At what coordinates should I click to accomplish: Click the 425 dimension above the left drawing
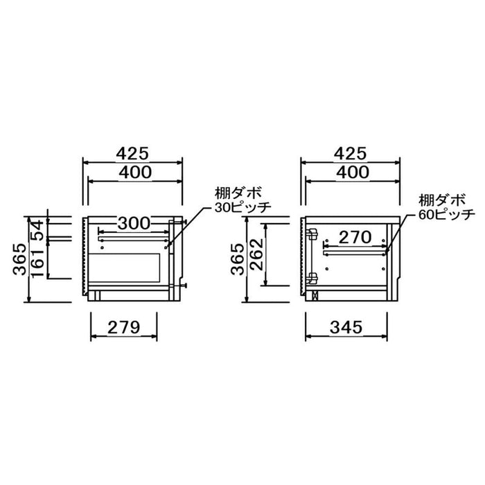click(132, 153)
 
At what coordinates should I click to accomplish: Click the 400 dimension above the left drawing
click(136, 173)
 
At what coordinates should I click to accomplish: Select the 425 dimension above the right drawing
click(351, 153)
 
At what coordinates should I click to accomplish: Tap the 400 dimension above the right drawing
click(353, 173)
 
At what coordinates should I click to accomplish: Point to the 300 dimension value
click(134, 223)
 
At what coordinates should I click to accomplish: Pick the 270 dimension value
click(355, 238)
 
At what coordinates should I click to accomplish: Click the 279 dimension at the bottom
click(124, 327)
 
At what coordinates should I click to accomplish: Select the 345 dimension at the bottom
click(346, 327)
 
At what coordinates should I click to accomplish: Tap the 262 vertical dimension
click(256, 254)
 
